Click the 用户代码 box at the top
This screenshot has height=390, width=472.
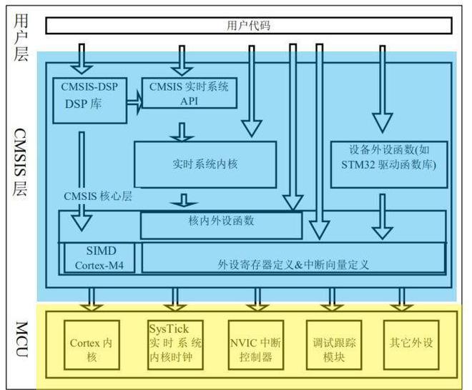click(x=248, y=26)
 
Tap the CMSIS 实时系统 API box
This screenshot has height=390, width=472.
click(x=190, y=93)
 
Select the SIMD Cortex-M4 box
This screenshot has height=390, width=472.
click(x=100, y=258)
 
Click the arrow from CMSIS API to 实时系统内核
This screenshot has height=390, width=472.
click(x=182, y=131)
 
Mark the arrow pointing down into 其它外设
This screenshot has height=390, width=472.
click(x=401, y=299)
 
